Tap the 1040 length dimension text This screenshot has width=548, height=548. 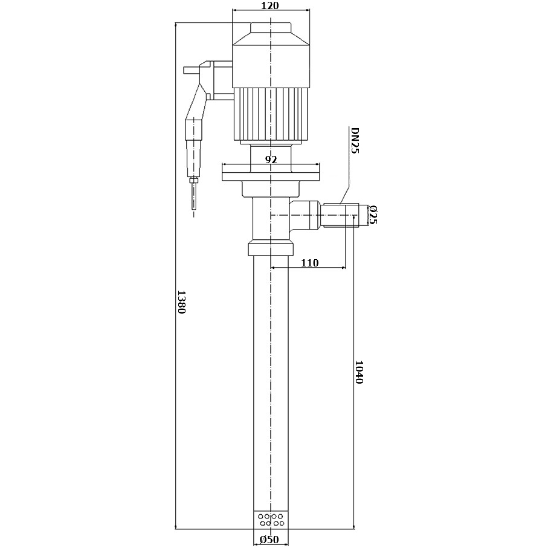click(x=358, y=372)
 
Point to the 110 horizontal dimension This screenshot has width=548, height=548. click(x=309, y=262)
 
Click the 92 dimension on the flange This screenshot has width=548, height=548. click(x=271, y=160)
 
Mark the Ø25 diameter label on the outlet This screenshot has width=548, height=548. click(x=373, y=215)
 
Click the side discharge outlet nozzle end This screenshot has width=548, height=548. click(x=363, y=215)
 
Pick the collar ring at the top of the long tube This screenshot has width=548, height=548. click(x=271, y=249)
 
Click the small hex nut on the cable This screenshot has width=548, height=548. click(x=193, y=179)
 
